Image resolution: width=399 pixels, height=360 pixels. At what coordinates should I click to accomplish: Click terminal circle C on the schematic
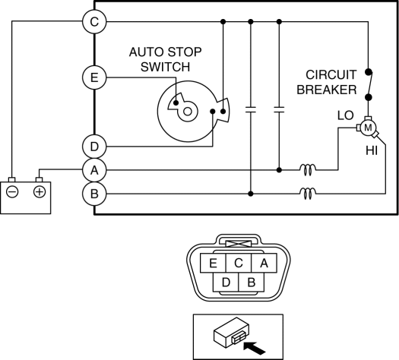pyautogui.click(x=94, y=21)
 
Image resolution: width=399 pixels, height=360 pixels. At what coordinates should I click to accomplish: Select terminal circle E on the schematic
pyautogui.click(x=94, y=77)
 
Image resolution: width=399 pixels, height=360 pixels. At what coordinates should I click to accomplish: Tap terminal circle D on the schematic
pyautogui.click(x=94, y=147)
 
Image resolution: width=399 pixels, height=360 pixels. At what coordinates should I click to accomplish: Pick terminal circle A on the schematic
pyautogui.click(x=94, y=170)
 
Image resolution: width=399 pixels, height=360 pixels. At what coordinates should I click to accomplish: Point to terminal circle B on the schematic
pyautogui.click(x=94, y=194)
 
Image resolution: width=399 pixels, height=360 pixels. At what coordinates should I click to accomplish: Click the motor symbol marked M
pyautogui.click(x=368, y=128)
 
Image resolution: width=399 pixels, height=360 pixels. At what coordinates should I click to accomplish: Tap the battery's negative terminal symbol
pyautogui.click(x=12, y=191)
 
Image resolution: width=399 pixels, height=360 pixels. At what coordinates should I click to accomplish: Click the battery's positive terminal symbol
pyautogui.click(x=40, y=191)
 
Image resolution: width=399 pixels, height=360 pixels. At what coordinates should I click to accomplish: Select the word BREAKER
pyautogui.click(x=327, y=90)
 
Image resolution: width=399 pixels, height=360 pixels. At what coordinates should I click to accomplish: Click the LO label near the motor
pyautogui.click(x=345, y=115)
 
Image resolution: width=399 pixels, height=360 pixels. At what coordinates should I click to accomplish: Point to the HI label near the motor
pyautogui.click(x=372, y=151)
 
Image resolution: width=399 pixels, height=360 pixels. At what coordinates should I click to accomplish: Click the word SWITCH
pyautogui.click(x=165, y=67)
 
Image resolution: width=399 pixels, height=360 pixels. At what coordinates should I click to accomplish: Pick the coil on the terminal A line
pyautogui.click(x=308, y=170)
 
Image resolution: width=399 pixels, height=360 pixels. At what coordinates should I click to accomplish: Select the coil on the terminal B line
pyautogui.click(x=308, y=194)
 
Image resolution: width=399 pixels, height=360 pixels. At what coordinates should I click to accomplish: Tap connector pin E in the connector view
pyautogui.click(x=213, y=263)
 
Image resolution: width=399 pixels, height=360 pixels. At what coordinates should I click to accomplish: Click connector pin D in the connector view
pyautogui.click(x=226, y=283)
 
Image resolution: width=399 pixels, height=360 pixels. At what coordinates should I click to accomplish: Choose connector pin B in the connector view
pyautogui.click(x=252, y=283)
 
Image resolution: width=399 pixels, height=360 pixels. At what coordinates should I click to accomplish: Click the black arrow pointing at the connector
pyautogui.click(x=254, y=348)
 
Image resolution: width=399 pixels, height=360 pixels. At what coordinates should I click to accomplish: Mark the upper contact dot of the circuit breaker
pyautogui.click(x=368, y=72)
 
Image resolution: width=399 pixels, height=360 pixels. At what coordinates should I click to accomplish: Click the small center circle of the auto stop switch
pyautogui.click(x=188, y=112)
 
